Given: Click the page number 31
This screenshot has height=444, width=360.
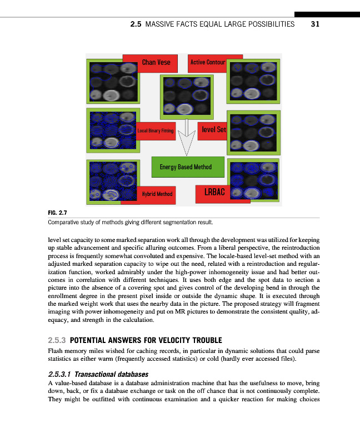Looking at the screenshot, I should click(315, 24).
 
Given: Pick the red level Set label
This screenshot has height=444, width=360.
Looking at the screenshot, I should click(213, 129).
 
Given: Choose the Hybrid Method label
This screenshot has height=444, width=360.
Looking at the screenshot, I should click(157, 194).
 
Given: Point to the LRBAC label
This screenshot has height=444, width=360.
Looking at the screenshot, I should click(213, 193).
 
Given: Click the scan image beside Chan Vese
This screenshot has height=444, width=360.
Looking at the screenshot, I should click(110, 81).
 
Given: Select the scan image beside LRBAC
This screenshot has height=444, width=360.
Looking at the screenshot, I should click(253, 179).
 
